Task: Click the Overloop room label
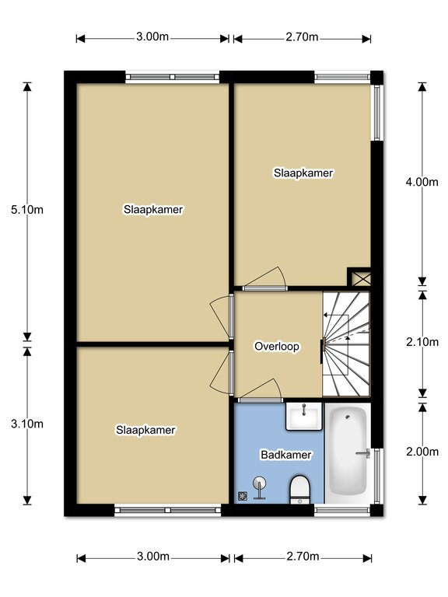click(277, 347)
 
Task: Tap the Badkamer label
click(286, 455)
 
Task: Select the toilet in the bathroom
click(300, 490)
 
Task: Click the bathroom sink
click(303, 416)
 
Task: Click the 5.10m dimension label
click(27, 209)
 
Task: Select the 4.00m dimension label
click(422, 182)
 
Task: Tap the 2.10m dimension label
click(422, 342)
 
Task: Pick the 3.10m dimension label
click(27, 424)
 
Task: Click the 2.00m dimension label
click(422, 452)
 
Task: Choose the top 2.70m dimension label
click(302, 37)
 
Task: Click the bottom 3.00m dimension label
click(153, 557)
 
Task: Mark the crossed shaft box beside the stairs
click(359, 277)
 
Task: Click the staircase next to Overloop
click(346, 344)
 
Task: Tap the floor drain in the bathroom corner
click(243, 496)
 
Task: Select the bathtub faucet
click(363, 453)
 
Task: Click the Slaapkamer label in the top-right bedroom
click(303, 173)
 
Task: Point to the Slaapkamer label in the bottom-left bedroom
click(145, 430)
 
